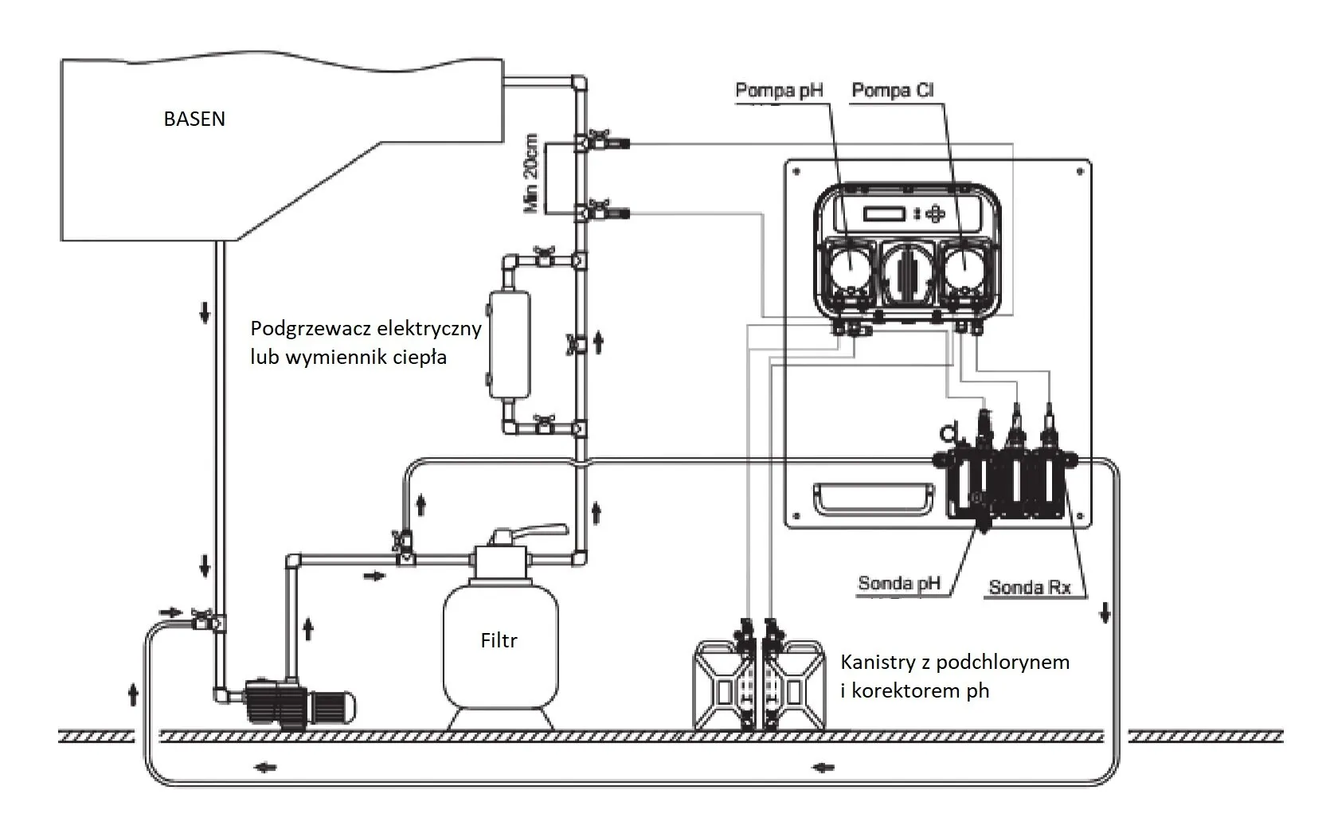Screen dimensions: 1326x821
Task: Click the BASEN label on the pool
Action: tap(194, 119)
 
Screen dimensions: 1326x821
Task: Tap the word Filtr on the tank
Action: tap(499, 640)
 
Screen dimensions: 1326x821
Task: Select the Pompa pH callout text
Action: tap(779, 91)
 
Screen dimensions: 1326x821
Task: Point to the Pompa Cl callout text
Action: tap(893, 91)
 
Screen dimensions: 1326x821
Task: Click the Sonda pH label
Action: tap(899, 583)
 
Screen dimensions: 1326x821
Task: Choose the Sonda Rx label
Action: tap(1030, 587)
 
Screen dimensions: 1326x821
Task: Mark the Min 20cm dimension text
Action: tap(530, 173)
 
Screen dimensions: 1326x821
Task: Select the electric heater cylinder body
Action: tap(509, 345)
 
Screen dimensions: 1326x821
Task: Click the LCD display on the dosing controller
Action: tap(884, 213)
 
